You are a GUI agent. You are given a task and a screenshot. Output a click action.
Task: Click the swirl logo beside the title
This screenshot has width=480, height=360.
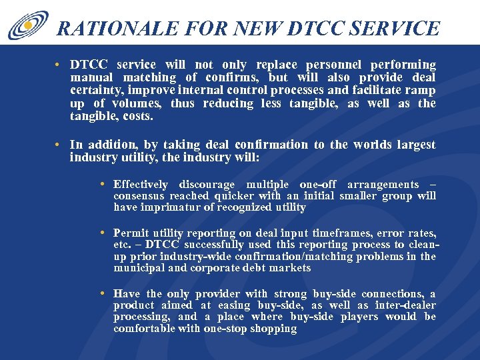(29, 25)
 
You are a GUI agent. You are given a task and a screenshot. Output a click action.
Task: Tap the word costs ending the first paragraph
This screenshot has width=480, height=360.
(138, 116)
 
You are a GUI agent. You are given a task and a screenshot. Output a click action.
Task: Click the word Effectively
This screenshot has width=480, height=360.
(141, 185)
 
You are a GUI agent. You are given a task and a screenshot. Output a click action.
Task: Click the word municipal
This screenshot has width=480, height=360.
(138, 267)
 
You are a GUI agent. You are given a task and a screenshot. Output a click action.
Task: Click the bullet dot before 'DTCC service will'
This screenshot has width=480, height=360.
(59, 65)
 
